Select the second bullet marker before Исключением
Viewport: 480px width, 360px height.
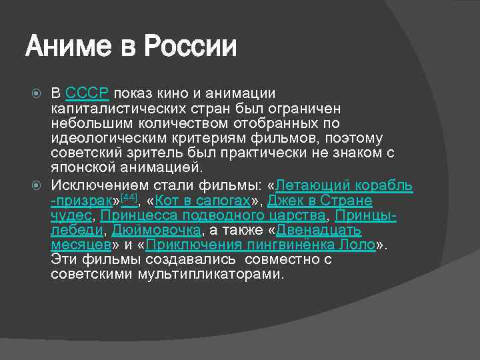tap(37, 185)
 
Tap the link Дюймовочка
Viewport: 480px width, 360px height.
tap(157, 230)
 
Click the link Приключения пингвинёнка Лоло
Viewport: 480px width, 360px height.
tap(261, 245)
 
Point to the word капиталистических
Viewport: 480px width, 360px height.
tap(123, 108)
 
